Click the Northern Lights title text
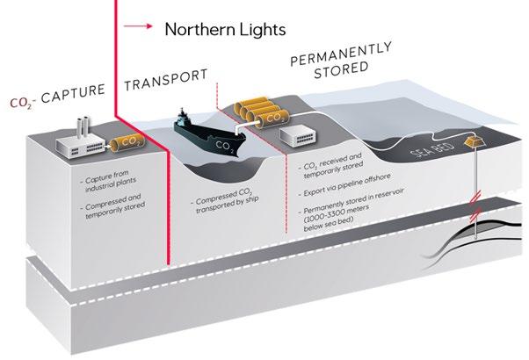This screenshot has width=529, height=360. pyautogui.click(x=226, y=29)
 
